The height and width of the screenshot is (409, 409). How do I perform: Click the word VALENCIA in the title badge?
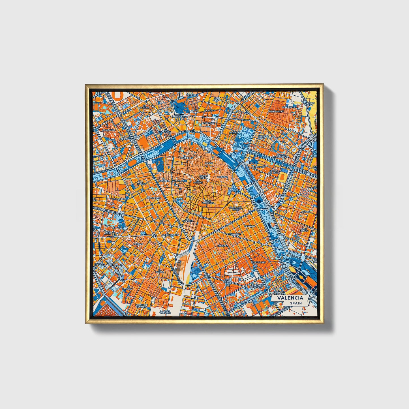[290, 298]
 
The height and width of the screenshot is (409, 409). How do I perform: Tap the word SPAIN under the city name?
[296, 303]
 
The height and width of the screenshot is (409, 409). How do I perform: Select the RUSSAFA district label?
[223, 246]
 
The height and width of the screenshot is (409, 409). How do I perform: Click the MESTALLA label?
[281, 196]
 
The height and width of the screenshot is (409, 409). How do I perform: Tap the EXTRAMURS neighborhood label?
[154, 198]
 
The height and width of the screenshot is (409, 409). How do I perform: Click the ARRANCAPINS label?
[171, 235]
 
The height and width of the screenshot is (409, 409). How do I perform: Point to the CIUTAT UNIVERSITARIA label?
[281, 156]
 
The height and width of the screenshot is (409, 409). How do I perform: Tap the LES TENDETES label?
[165, 130]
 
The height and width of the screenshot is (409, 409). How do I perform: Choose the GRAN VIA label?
[250, 226]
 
